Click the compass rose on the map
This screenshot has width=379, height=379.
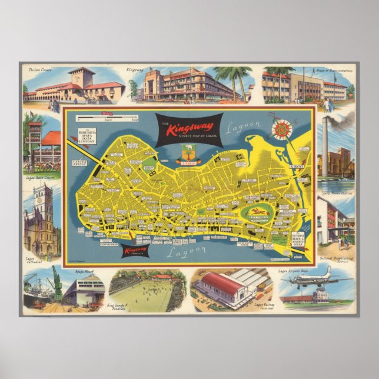coord(281,128)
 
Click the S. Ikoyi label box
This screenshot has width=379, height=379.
coord(297,167)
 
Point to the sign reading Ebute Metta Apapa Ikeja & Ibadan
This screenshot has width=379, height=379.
coord(87,137)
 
